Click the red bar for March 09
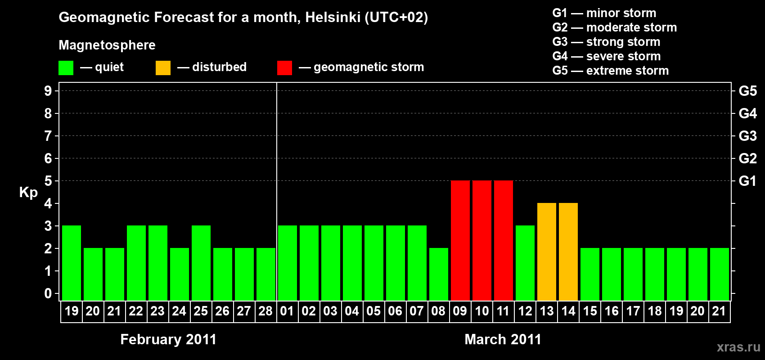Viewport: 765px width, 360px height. pos(460,240)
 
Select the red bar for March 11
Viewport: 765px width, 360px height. pos(503,240)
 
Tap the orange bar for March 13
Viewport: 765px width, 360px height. pos(546,252)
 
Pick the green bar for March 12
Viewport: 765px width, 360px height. pos(525,263)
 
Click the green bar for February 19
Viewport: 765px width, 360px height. pos(72,263)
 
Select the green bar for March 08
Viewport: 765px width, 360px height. pos(438,274)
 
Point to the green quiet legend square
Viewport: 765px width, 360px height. pos(66,68)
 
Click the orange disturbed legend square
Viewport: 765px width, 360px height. pos(163,68)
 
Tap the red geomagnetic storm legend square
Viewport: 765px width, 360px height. pos(284,68)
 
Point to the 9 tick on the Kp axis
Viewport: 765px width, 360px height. pos(48,91)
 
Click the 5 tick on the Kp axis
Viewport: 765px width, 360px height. pos(48,181)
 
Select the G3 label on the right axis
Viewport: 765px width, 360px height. pos(747,136)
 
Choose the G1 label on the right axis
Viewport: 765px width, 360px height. pos(747,181)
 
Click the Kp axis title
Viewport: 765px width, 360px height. pos(28,193)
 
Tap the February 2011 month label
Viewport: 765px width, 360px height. pos(168,339)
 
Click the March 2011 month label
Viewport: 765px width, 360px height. pos(503,339)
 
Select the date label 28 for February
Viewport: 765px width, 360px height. pos(265,311)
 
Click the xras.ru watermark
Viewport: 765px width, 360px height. pos(738,347)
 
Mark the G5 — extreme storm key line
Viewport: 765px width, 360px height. pos(610,71)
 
